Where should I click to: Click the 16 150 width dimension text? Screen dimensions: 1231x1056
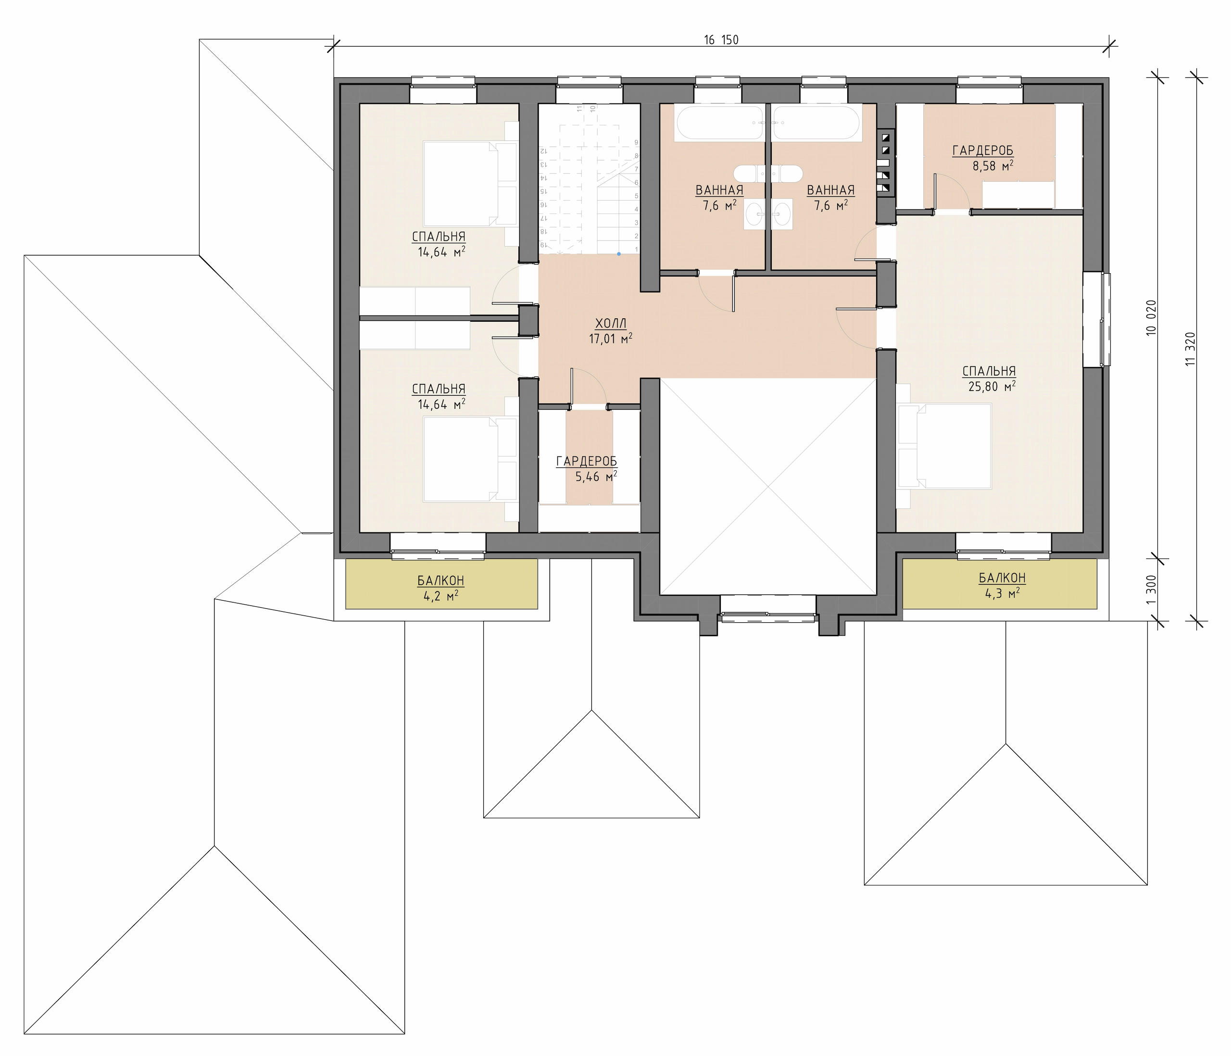pyautogui.click(x=721, y=40)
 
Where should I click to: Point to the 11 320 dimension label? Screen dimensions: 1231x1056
pyautogui.click(x=1190, y=349)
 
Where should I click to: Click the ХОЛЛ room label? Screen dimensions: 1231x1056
pyautogui.click(x=611, y=324)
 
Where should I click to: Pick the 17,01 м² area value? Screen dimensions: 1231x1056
pyautogui.click(x=611, y=339)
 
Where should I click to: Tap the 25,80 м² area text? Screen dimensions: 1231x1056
pyautogui.click(x=989, y=386)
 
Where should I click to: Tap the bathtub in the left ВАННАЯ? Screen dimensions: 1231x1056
pyautogui.click(x=718, y=123)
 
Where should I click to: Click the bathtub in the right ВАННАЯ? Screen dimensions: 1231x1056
pyautogui.click(x=817, y=123)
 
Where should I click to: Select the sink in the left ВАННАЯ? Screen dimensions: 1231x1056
pyautogui.click(x=754, y=214)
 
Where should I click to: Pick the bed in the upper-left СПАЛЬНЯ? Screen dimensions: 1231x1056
pyautogui.click(x=470, y=183)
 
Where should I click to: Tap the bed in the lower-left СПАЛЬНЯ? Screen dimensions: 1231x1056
pyautogui.click(x=470, y=459)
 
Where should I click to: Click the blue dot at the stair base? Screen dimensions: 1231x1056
pyautogui.click(x=618, y=254)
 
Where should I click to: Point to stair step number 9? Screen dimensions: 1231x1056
pyautogui.click(x=636, y=143)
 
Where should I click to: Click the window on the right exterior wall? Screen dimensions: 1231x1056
pyautogui.click(x=1097, y=320)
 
